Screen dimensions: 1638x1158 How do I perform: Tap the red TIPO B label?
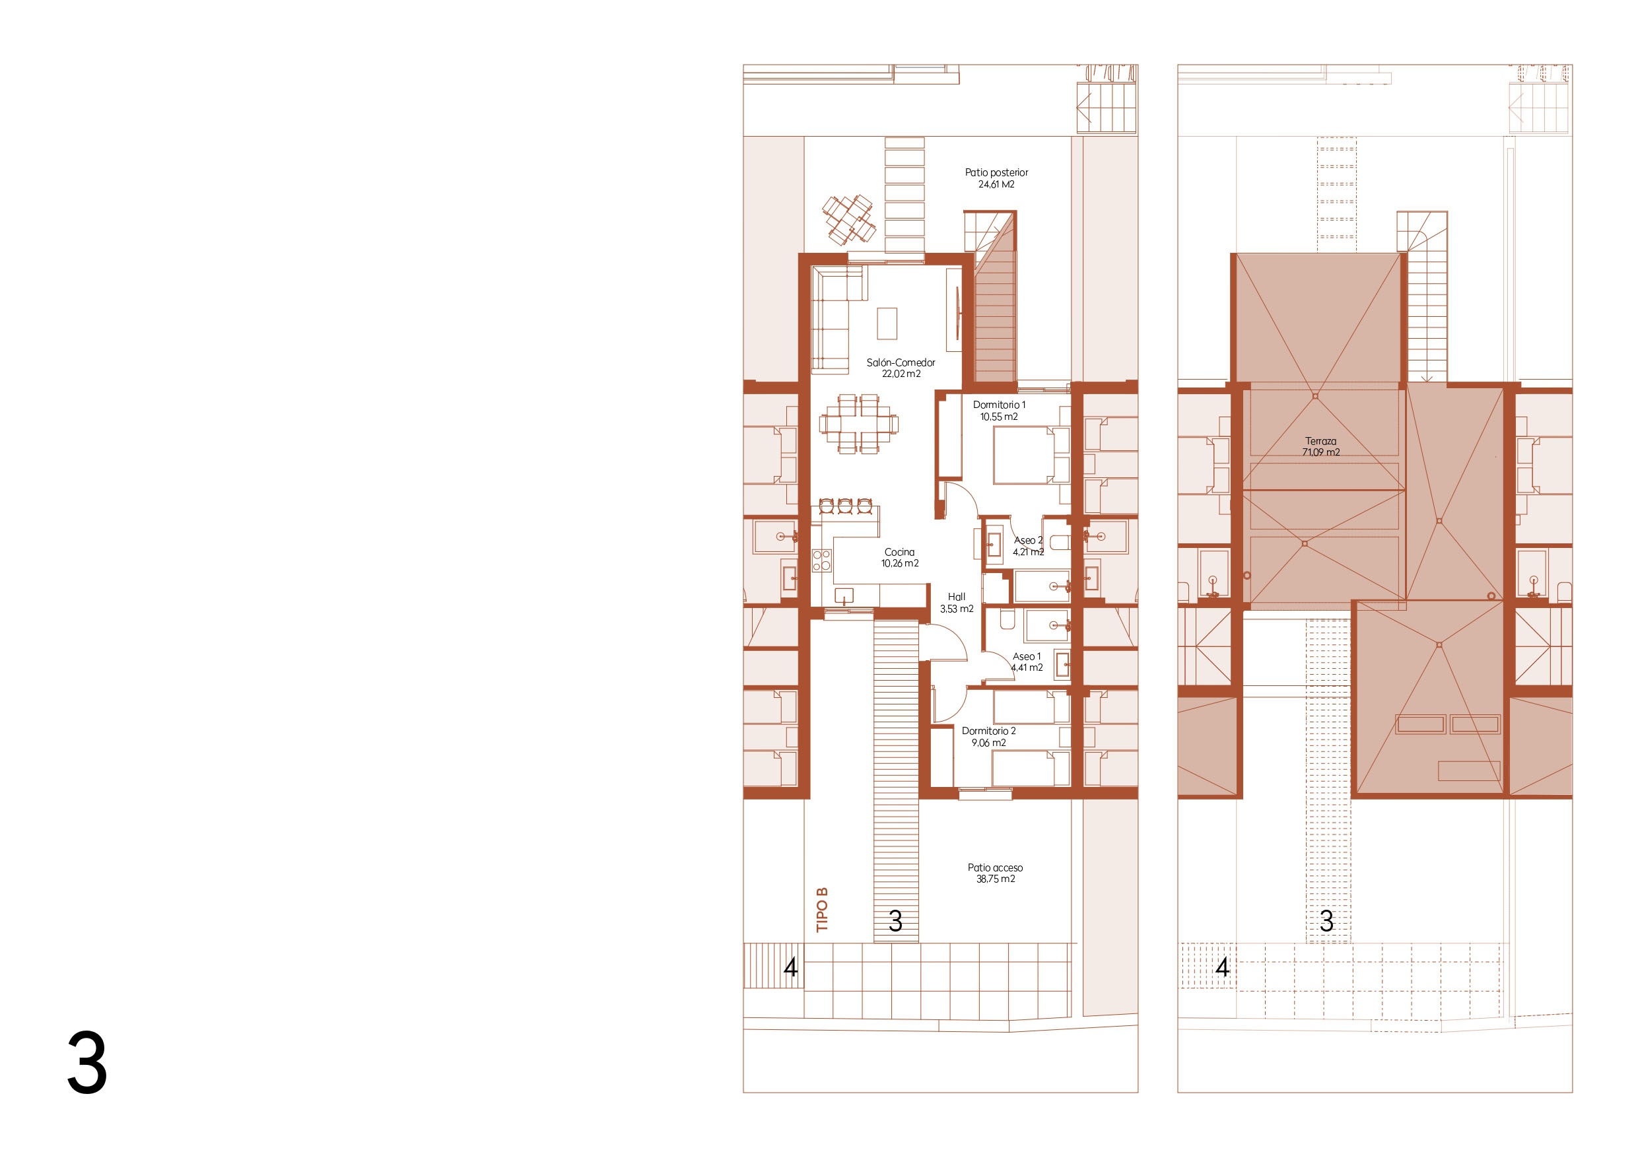tap(823, 910)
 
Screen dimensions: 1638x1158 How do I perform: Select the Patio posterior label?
tap(997, 173)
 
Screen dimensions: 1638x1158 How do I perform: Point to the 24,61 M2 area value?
tap(997, 185)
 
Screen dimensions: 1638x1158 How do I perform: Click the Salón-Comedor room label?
tap(901, 362)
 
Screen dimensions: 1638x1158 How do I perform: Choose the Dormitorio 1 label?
tap(1000, 405)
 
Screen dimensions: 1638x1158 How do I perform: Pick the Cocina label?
tap(900, 551)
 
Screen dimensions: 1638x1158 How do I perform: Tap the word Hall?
tap(957, 596)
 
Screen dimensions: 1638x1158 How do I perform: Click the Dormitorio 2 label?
tap(989, 731)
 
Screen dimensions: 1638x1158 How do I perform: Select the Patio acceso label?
tap(995, 868)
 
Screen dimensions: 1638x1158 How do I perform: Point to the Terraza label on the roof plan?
tap(1321, 441)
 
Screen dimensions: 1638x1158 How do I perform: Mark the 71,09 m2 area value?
tap(1321, 452)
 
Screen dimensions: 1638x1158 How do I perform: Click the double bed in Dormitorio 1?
tap(1031, 455)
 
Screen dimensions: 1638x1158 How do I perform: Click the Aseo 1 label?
tap(1027, 656)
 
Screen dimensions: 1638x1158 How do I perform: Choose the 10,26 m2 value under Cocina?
tap(900, 564)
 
